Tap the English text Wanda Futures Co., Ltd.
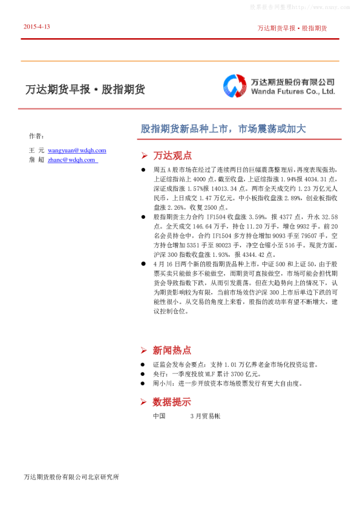click(293, 92)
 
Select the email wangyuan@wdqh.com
click(77, 150)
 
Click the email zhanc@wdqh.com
click(71, 160)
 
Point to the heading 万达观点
click(172, 155)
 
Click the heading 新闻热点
click(172, 350)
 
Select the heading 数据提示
click(172, 401)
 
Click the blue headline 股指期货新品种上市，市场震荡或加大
click(223, 129)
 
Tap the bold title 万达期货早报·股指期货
click(85, 89)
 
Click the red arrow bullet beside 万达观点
click(144, 155)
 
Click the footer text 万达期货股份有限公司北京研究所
click(71, 477)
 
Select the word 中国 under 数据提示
click(159, 416)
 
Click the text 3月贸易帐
click(205, 416)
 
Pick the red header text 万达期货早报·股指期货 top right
click(292, 28)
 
